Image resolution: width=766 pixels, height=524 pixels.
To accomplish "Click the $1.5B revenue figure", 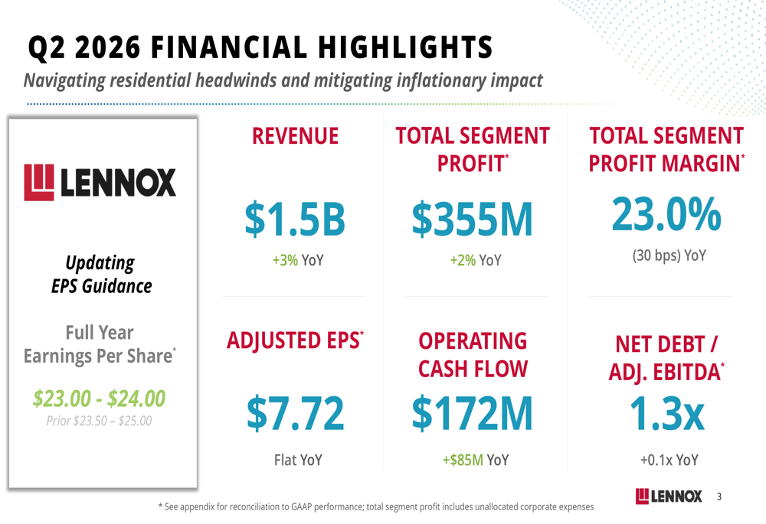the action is (x=295, y=219).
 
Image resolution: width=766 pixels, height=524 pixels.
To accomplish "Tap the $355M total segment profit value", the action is (x=473, y=220).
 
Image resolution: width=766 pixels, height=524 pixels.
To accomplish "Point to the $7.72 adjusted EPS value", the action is (x=296, y=414).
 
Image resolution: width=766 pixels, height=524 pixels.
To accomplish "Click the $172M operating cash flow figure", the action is (x=473, y=414).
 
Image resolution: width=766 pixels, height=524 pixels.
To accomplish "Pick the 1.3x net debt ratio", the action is (x=667, y=414).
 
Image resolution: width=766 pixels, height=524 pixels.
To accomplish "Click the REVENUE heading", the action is (x=295, y=135).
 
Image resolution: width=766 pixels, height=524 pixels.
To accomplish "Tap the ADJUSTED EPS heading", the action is (x=295, y=340).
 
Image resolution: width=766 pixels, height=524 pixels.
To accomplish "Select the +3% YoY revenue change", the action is (x=298, y=260).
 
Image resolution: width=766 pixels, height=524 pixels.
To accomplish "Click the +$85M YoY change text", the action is (x=476, y=460).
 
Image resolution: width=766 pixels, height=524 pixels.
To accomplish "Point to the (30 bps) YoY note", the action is (x=669, y=255).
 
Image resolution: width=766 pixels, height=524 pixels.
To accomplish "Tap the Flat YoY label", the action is (x=298, y=460).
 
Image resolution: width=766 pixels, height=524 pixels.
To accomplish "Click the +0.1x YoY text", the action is (x=669, y=460).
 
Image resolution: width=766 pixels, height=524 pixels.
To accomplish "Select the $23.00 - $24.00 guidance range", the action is (x=99, y=398).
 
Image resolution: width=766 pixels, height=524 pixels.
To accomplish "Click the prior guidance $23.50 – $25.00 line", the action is (x=99, y=421).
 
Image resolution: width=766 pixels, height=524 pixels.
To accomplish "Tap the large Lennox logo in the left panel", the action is (x=100, y=182).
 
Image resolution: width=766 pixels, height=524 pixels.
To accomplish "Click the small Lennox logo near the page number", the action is (x=669, y=496).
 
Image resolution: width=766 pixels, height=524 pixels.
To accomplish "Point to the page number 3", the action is (x=719, y=496).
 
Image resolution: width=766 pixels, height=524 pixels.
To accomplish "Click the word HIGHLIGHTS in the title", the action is (x=405, y=47).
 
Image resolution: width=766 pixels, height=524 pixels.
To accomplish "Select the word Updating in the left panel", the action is (x=100, y=263).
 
